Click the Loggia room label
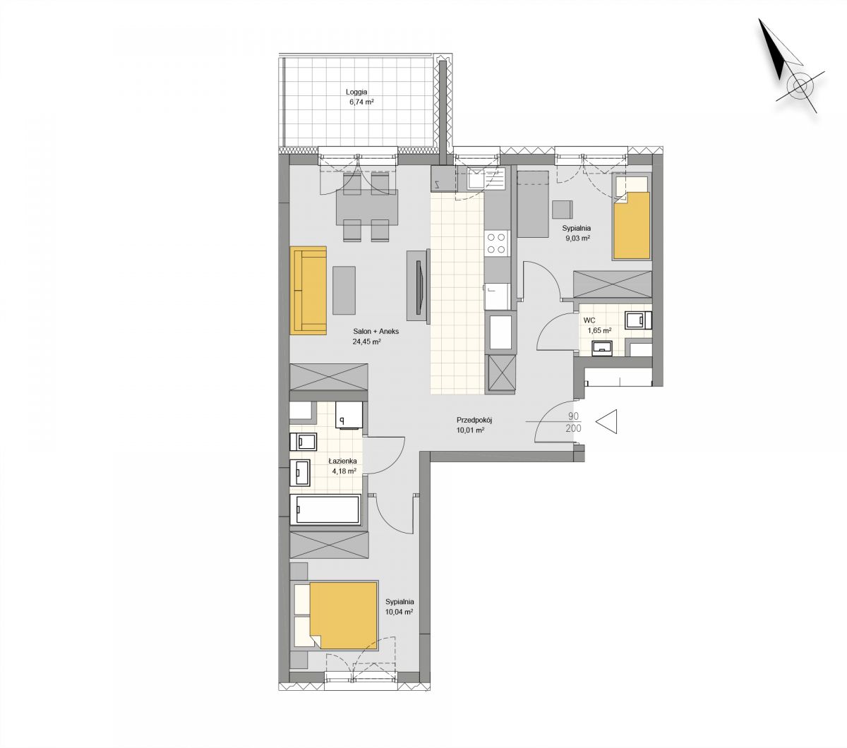pos(356,92)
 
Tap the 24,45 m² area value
pos(366,341)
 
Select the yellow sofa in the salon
pos(308,290)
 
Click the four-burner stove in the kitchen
pos(497,243)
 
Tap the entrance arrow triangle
pos(606,421)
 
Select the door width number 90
pos(573,416)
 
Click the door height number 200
pos(573,428)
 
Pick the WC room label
pos(589,320)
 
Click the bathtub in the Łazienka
pos(325,509)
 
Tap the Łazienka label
pos(342,461)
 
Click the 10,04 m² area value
pos(400,612)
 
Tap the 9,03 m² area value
pos(578,239)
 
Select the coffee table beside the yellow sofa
pos(344,290)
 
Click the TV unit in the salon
pos(418,286)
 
